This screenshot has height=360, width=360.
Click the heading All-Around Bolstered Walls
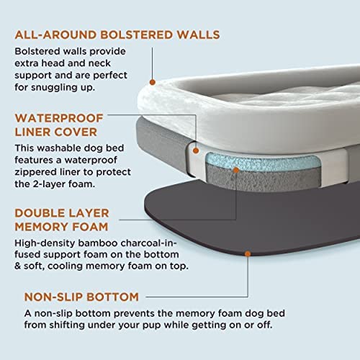pos(117,35)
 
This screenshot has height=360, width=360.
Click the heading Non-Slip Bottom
pos(81,297)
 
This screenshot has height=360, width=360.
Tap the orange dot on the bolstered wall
pos(153,82)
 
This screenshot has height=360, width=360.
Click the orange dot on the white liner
pos(196,150)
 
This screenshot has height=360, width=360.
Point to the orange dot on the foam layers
pos(236,170)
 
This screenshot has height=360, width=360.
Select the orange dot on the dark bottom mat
pos(248,253)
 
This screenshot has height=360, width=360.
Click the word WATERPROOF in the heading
pos(59,118)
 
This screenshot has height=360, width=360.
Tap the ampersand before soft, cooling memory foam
pos(18,266)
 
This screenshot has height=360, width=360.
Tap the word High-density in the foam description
pos(45,243)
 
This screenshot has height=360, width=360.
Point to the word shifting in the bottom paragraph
pos(67,325)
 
